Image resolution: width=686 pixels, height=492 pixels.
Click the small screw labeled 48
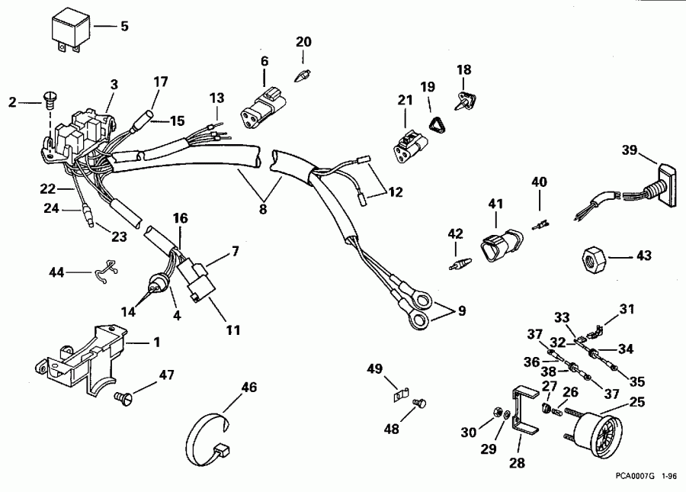(418, 402)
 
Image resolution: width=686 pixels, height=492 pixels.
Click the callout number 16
(180, 217)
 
